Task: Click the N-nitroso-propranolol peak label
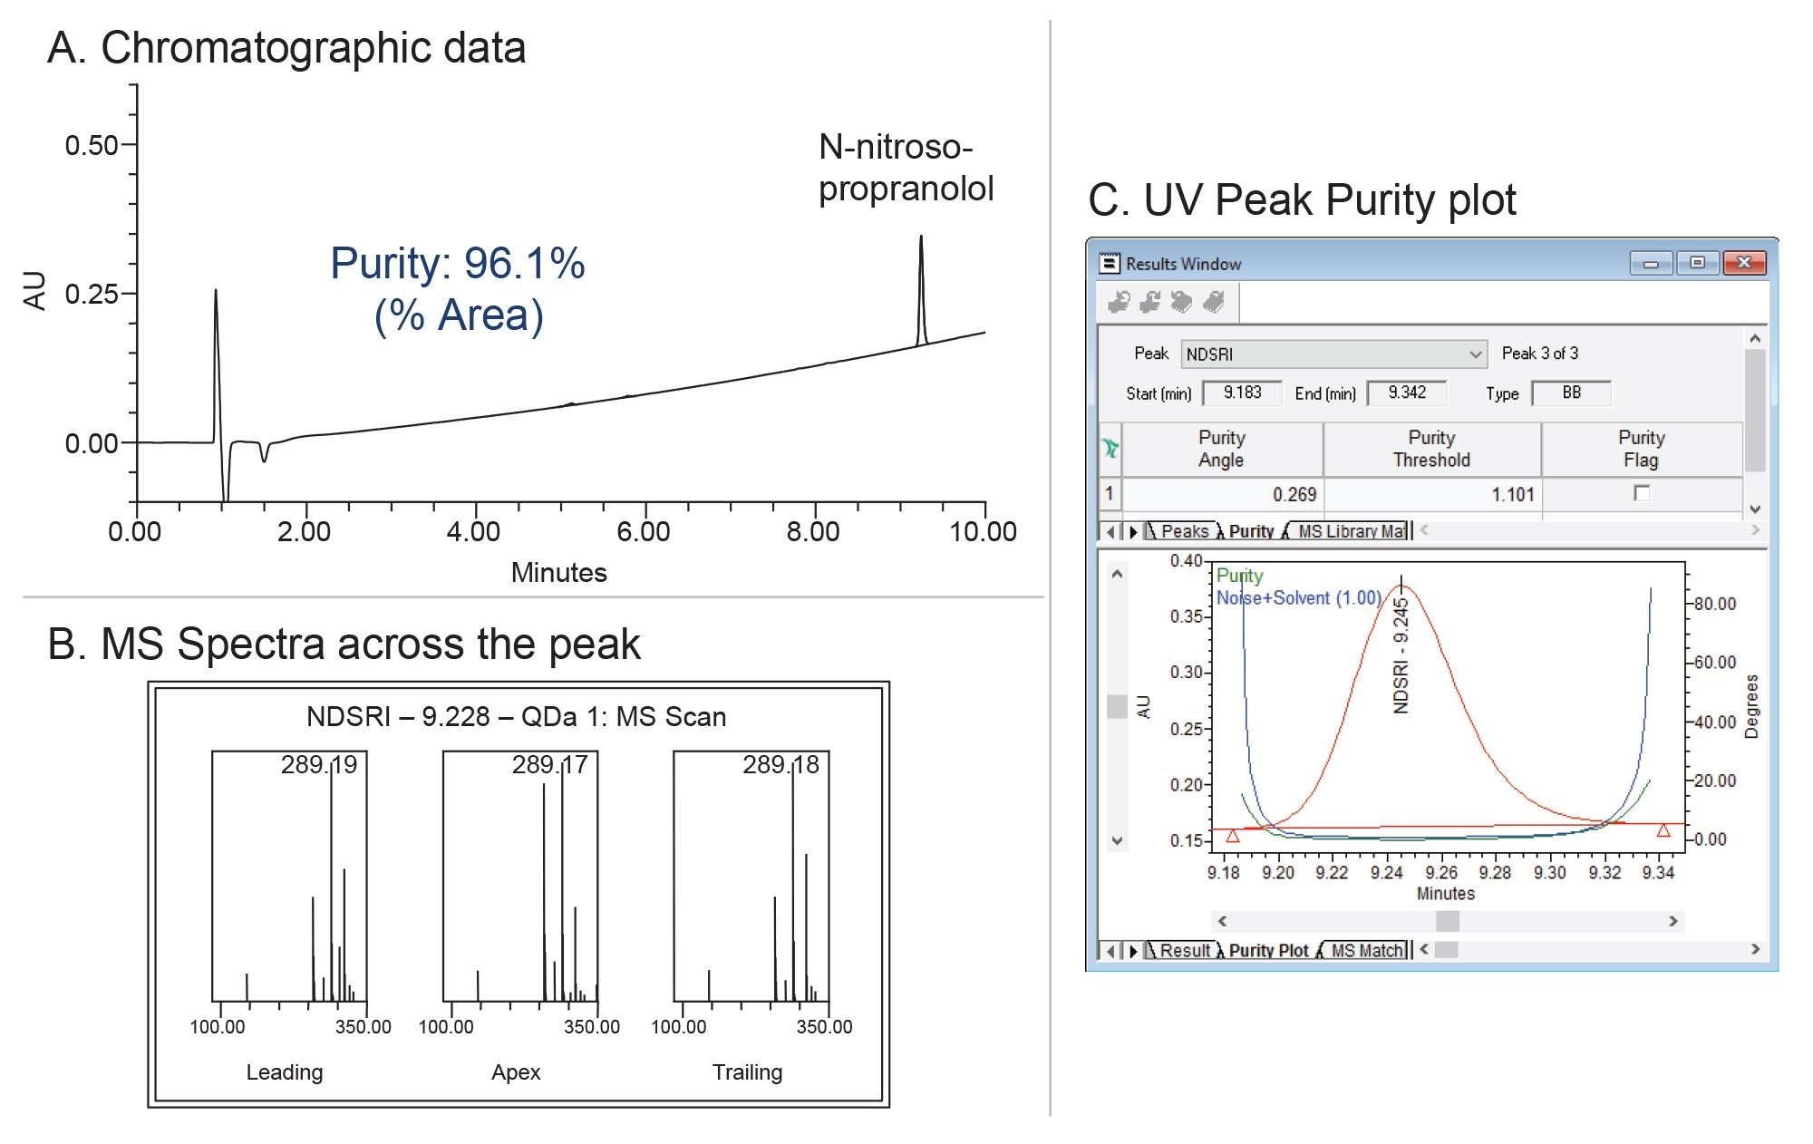tap(906, 168)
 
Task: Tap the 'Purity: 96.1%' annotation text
tap(457, 264)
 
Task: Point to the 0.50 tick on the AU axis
tap(92, 145)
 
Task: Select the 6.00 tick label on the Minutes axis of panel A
tap(644, 531)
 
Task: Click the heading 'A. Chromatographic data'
tap(286, 48)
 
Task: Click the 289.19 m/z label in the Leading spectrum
tap(318, 765)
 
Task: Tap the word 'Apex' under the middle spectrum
tap(516, 1072)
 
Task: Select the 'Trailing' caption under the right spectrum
tap(747, 1072)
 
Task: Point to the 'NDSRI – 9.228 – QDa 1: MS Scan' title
tap(516, 717)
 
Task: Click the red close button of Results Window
tap(1743, 263)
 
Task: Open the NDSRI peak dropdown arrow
tap(1476, 354)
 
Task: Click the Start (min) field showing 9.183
tap(1242, 393)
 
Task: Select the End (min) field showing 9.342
tap(1407, 393)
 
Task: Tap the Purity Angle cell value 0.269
tap(1294, 495)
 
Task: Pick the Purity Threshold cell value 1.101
tap(1512, 495)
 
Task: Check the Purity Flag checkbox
tap(1641, 493)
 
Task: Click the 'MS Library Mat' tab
tap(1351, 531)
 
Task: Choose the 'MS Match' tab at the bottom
tap(1366, 950)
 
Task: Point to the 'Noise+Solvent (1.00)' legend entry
tap(1298, 598)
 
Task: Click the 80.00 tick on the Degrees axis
tap(1713, 604)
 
